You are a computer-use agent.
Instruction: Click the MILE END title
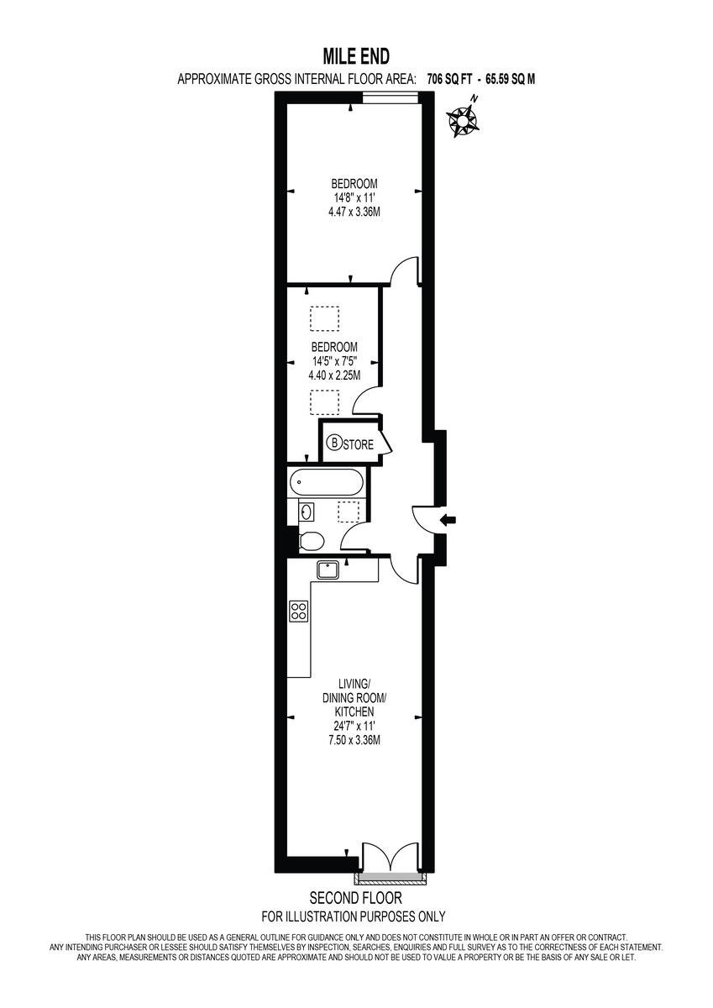click(x=356, y=56)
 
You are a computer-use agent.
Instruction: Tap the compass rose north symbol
click(x=464, y=119)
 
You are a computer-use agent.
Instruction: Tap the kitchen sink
click(x=328, y=570)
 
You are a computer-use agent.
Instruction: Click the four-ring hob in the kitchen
click(x=298, y=611)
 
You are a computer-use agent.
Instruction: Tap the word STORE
click(x=358, y=444)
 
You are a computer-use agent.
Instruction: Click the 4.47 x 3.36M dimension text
click(x=354, y=213)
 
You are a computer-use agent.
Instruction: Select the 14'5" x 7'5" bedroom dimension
click(x=334, y=361)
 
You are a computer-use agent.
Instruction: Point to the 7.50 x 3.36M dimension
click(x=354, y=740)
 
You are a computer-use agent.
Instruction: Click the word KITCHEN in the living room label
click(x=354, y=711)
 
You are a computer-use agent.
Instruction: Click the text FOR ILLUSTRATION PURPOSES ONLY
click(x=354, y=916)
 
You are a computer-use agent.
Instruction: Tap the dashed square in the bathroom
click(x=349, y=512)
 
